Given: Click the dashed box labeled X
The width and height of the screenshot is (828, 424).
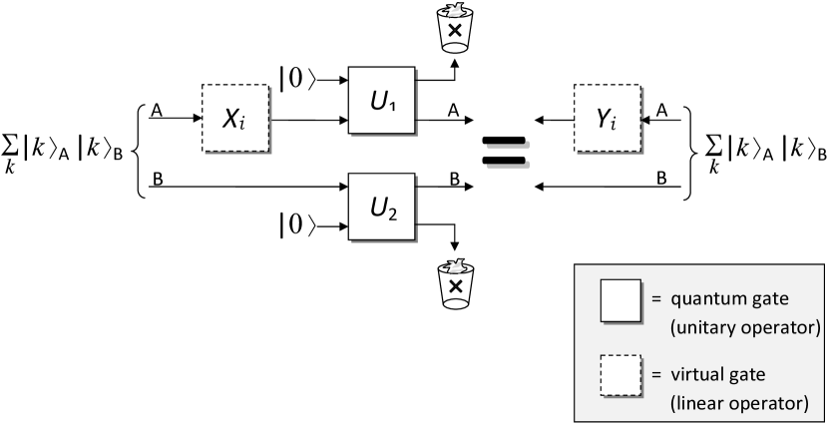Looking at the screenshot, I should tap(235, 119).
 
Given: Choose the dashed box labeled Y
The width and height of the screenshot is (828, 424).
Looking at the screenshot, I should tap(608, 119).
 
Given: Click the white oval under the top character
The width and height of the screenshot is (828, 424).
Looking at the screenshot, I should tap(455, 47).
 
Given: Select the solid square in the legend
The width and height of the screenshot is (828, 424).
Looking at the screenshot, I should tap(620, 301).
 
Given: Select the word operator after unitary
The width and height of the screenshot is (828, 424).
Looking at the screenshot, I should tap(782, 326).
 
